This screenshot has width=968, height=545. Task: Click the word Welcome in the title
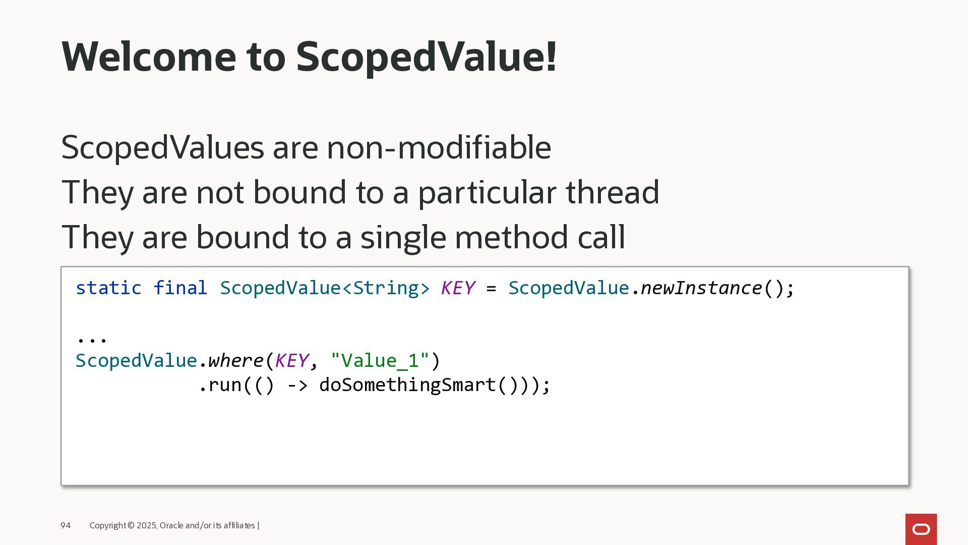click(x=149, y=56)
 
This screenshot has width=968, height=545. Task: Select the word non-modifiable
click(x=439, y=147)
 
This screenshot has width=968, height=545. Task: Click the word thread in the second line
click(x=613, y=192)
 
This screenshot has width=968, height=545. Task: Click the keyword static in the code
click(x=108, y=288)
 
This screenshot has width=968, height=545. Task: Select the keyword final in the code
click(x=180, y=288)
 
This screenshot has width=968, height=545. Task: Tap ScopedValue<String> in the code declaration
click(x=325, y=288)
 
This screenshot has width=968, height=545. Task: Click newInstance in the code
click(x=701, y=288)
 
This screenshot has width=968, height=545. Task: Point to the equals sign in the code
click(x=491, y=289)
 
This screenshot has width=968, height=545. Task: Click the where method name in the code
click(x=235, y=360)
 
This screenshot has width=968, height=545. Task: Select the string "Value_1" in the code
click(x=380, y=361)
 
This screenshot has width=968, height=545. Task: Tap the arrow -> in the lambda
click(x=297, y=386)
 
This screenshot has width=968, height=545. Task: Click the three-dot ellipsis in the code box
click(x=91, y=339)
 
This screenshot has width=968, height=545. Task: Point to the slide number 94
click(x=66, y=525)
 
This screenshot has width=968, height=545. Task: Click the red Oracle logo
click(x=921, y=529)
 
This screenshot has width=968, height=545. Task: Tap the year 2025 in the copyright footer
click(x=146, y=525)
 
